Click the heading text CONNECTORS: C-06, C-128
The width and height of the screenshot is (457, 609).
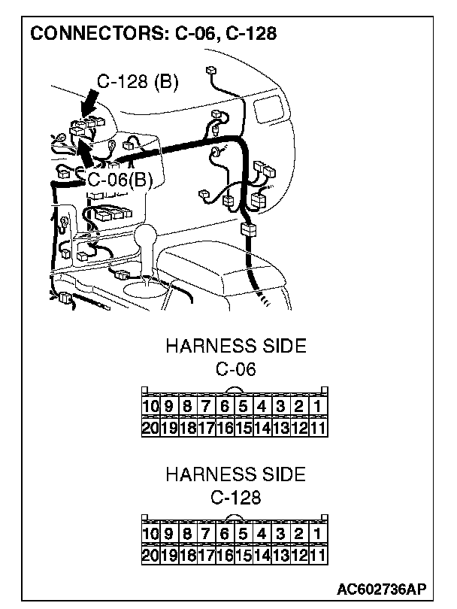(x=151, y=34)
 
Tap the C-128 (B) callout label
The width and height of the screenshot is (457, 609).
(x=138, y=81)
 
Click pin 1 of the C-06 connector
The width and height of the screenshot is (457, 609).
(x=319, y=408)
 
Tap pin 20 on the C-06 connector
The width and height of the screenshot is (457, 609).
(x=150, y=428)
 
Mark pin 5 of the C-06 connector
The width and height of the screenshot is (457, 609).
(x=244, y=408)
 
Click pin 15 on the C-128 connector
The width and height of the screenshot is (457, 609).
(x=244, y=556)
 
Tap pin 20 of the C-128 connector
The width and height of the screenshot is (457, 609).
(x=150, y=556)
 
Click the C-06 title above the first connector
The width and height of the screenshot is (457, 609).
(x=235, y=369)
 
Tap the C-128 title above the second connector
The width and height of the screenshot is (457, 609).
(x=235, y=498)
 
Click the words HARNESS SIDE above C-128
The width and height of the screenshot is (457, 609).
(x=235, y=475)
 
